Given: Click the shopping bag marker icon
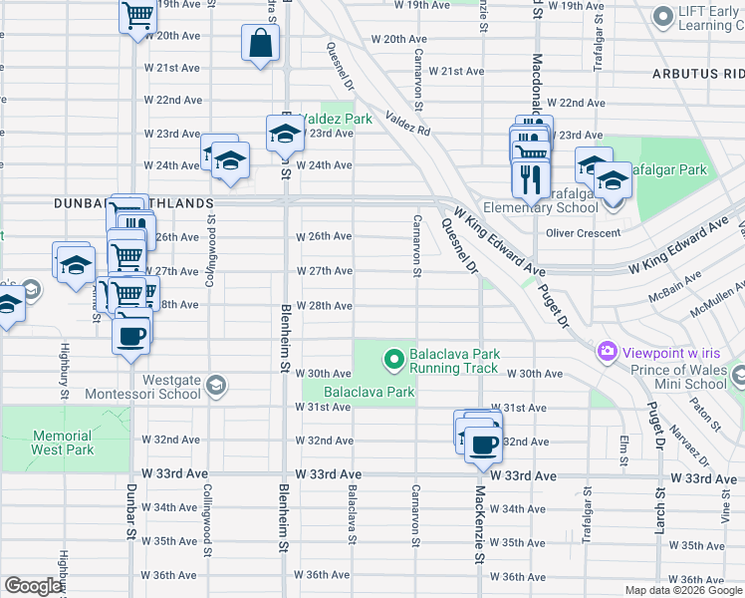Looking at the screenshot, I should pyautogui.click(x=260, y=44).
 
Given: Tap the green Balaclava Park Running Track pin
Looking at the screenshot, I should pyautogui.click(x=394, y=357).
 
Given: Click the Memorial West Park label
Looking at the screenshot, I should pyautogui.click(x=62, y=443).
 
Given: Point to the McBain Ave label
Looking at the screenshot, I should pyautogui.click(x=671, y=296).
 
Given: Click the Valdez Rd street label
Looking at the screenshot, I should pyautogui.click(x=407, y=122).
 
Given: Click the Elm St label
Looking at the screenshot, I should pyautogui.click(x=624, y=448).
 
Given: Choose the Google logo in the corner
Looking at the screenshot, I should pyautogui.click(x=33, y=586).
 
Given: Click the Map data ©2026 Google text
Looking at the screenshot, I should pyautogui.click(x=682, y=590).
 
